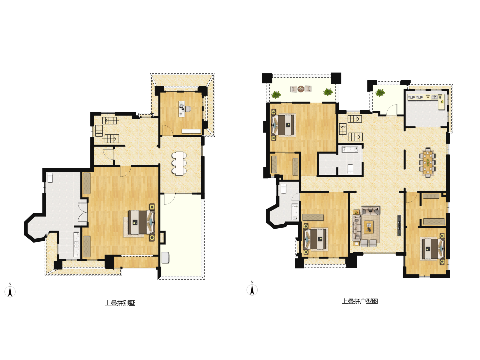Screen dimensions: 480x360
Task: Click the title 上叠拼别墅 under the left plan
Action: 120,303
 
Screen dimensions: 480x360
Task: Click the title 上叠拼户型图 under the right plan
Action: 360,301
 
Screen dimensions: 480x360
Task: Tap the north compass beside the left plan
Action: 10,290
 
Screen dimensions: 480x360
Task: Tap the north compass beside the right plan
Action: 252,288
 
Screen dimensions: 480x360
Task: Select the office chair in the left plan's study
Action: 188,108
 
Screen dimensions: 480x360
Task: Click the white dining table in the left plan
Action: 180,163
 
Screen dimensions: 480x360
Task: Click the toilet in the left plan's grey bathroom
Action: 50,178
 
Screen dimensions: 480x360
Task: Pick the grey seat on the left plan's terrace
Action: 165,257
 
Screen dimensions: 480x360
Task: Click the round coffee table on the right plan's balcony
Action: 301,89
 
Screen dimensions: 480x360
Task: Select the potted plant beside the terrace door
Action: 380,93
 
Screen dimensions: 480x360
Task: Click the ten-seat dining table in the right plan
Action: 427,162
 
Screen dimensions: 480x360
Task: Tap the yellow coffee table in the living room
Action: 368,227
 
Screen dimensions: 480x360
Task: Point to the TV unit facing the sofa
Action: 399,225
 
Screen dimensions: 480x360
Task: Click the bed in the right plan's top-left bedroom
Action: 283,125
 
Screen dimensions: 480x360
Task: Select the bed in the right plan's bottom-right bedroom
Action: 433,249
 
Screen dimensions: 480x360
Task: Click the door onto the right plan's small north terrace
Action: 392,110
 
